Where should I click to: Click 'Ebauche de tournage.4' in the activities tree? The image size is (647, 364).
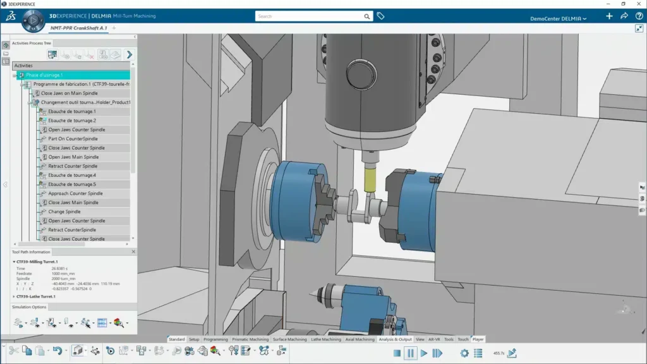pos(72,175)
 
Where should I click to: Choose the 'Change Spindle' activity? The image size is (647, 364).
pos(64,212)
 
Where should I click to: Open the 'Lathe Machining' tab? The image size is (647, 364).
pos(325,339)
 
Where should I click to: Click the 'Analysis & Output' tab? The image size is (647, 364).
pos(395,339)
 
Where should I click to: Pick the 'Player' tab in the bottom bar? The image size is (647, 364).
pos(478,339)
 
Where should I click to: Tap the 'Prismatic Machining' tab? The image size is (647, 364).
pos(250,339)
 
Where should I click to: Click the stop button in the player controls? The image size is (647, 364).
pos(397,353)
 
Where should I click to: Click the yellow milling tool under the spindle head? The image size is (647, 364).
pos(369,179)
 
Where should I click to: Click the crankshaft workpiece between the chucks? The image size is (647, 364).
pos(358,209)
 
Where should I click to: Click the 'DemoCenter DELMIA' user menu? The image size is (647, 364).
pos(558,19)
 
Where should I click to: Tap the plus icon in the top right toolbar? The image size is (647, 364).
pos(609,16)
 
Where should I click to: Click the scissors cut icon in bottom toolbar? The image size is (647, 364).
pos(13,351)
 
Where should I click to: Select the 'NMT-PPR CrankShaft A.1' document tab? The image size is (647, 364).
pos(78,28)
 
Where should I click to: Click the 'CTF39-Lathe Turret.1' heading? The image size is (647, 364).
pos(36,296)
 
